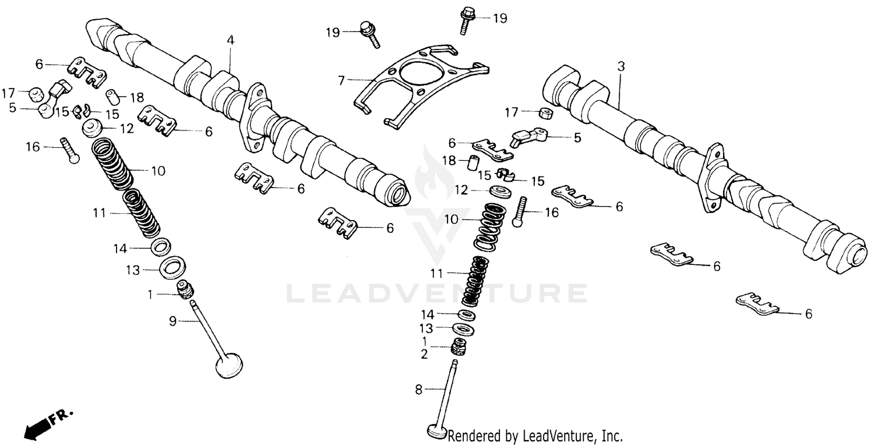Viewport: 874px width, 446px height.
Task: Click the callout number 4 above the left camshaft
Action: [231, 40]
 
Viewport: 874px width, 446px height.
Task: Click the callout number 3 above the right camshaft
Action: [621, 67]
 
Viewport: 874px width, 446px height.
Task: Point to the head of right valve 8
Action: [436, 432]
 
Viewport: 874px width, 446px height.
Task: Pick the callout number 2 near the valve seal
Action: [424, 353]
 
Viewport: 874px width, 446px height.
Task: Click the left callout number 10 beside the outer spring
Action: [158, 171]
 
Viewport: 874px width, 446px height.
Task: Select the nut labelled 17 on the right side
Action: [545, 112]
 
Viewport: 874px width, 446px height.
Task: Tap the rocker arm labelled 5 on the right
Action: [528, 137]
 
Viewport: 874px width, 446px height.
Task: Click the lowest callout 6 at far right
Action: [808, 314]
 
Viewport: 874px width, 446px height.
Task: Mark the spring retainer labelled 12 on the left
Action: [93, 127]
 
